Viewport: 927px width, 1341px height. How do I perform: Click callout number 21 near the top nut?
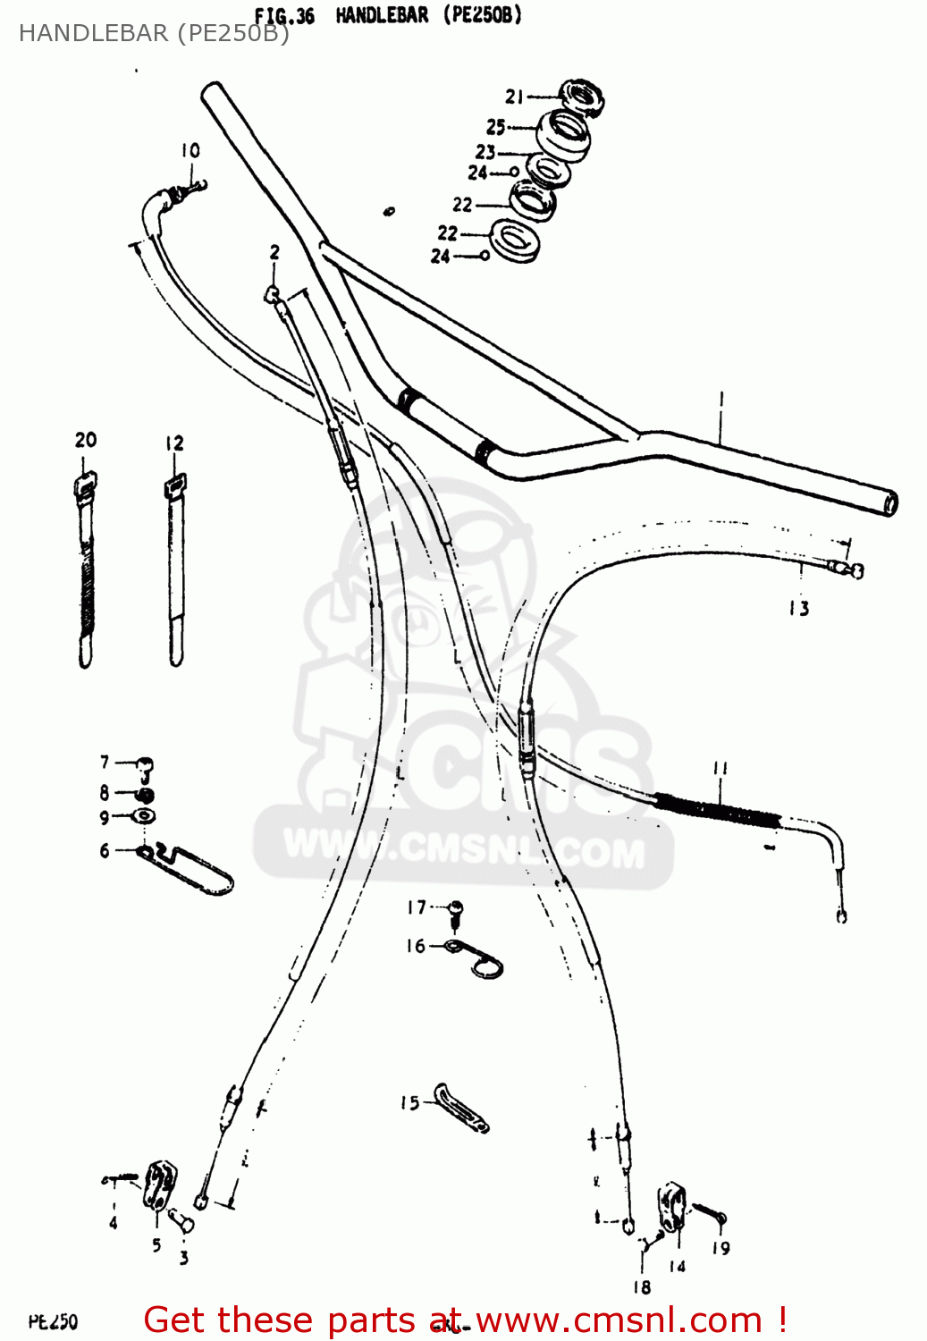click(x=514, y=97)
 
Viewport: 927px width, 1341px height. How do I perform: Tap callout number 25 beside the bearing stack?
click(x=496, y=127)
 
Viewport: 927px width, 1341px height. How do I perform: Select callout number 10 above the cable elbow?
click(x=190, y=150)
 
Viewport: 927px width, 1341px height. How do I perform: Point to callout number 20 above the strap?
click(x=86, y=440)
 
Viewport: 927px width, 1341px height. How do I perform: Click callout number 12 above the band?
click(x=174, y=443)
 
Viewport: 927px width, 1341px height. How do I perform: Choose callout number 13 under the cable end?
click(x=799, y=609)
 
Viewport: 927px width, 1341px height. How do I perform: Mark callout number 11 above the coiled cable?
click(x=721, y=768)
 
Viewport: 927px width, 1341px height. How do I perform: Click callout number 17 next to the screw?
click(x=417, y=907)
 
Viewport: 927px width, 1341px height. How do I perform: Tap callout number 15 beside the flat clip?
click(x=409, y=1103)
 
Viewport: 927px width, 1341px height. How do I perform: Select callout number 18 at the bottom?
click(x=642, y=1287)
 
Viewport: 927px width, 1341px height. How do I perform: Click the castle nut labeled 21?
click(x=583, y=97)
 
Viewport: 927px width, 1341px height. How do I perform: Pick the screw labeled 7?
click(x=144, y=766)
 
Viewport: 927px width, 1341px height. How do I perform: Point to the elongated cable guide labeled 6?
click(x=192, y=870)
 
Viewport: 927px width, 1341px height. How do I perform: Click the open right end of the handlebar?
click(x=890, y=503)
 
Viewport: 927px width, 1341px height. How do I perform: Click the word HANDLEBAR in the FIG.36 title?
click(x=382, y=15)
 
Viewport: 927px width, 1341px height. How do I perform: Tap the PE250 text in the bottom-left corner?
click(x=53, y=1321)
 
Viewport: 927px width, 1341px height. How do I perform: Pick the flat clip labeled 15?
click(x=461, y=1109)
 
